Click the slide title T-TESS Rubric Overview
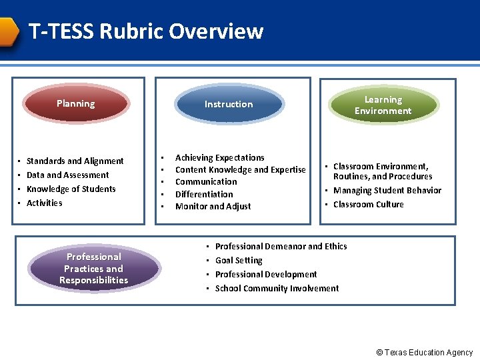(146, 31)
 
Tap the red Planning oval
(75, 103)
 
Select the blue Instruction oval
(228, 104)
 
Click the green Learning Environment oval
(383, 105)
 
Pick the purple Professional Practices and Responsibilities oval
(93, 268)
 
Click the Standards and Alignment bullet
(75, 161)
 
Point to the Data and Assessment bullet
(67, 175)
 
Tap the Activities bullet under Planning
(44, 203)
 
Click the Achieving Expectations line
(219, 157)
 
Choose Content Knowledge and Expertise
(240, 169)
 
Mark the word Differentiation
(204, 194)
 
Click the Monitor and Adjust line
(213, 206)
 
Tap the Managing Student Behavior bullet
(387, 190)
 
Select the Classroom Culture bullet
(368, 204)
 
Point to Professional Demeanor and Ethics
(281, 246)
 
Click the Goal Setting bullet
(239, 260)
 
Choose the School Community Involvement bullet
(277, 288)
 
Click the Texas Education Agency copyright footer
(424, 353)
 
